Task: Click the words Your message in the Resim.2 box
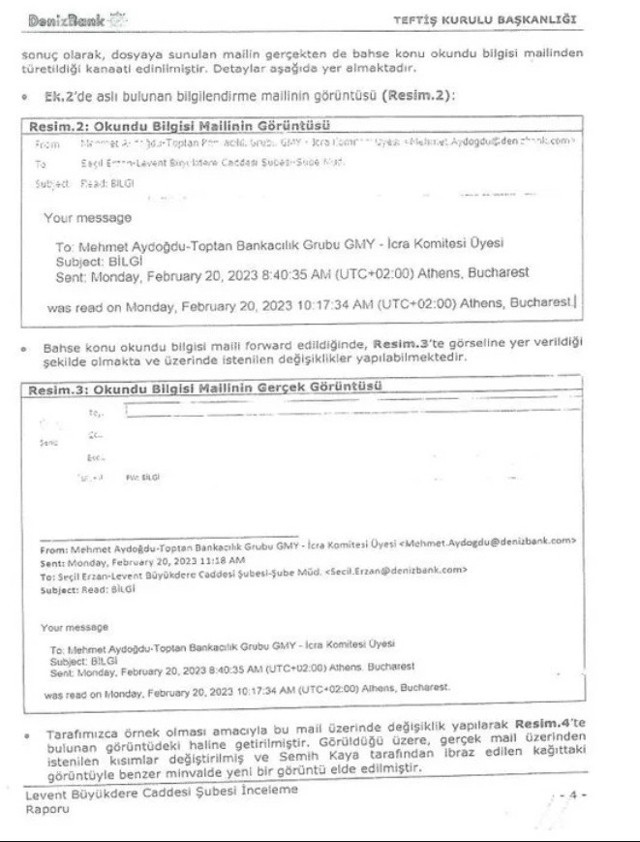[x=87, y=217]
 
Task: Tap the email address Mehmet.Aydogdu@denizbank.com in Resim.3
[x=490, y=541]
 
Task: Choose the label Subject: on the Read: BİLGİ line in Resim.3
[x=58, y=589]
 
